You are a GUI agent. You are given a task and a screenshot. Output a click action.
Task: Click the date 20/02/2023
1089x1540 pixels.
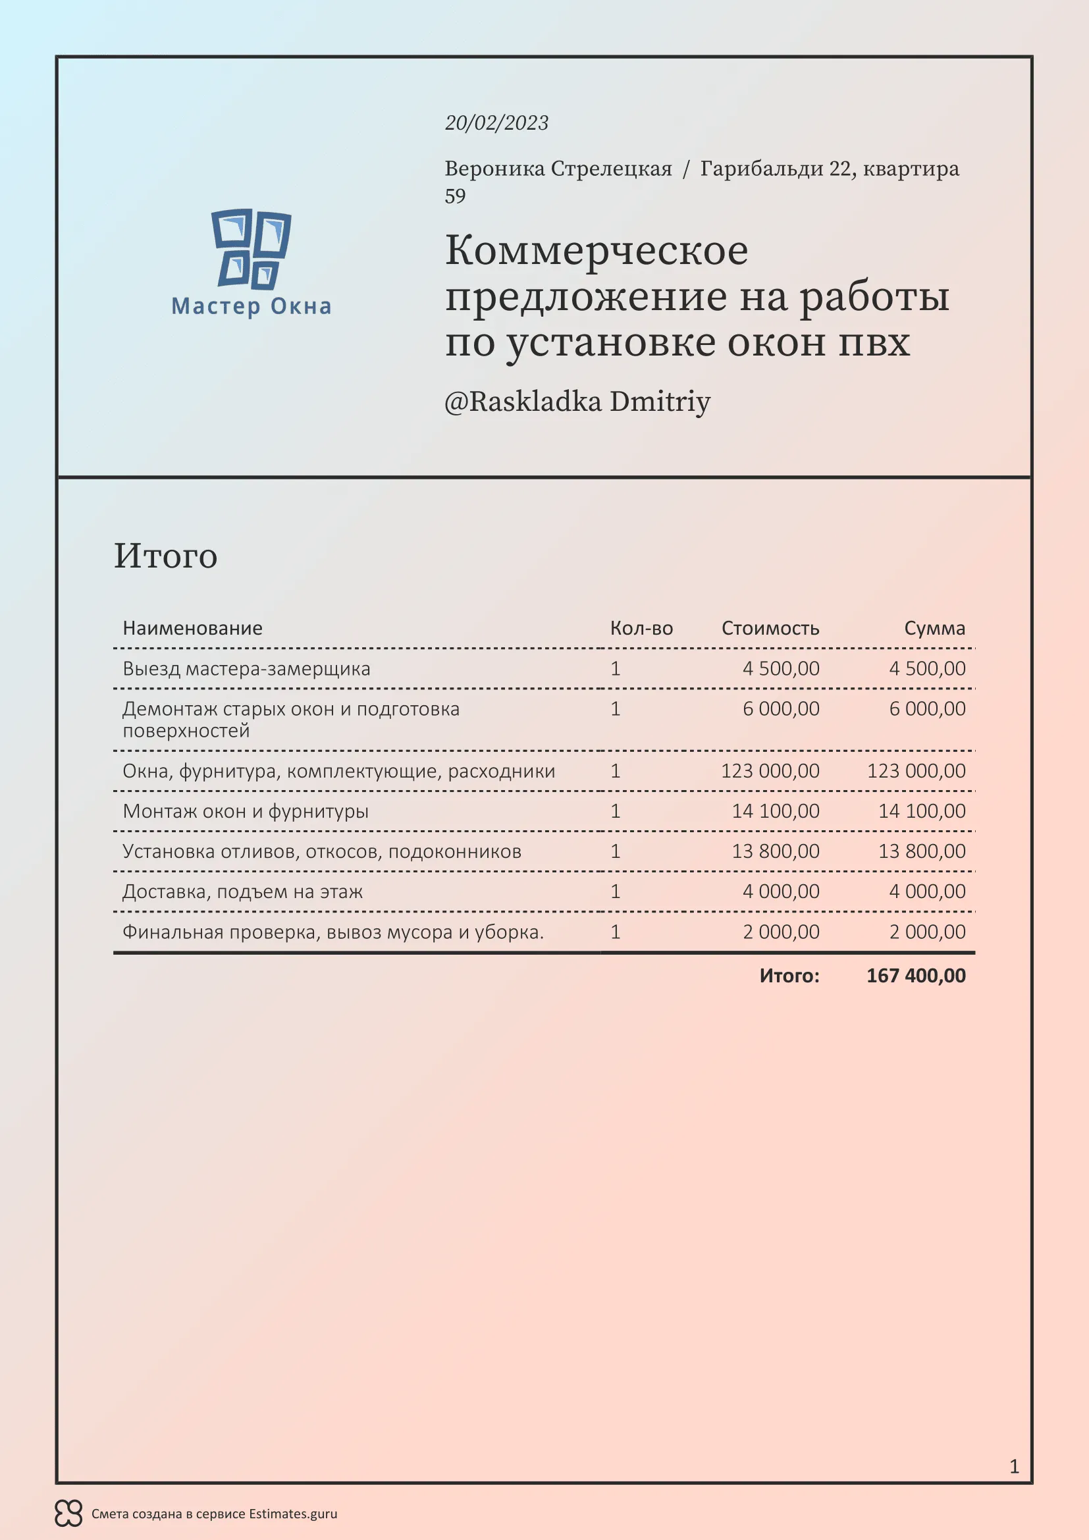[x=496, y=122]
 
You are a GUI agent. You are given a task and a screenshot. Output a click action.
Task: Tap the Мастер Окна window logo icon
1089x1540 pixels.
[x=252, y=248]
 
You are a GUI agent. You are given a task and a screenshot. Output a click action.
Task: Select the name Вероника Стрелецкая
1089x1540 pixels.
[x=558, y=169]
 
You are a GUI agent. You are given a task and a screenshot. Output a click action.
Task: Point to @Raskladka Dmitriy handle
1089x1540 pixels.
[x=577, y=402]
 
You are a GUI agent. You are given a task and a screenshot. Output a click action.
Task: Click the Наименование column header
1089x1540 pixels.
[x=192, y=628]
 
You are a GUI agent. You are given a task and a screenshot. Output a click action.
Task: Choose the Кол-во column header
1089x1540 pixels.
[x=641, y=628]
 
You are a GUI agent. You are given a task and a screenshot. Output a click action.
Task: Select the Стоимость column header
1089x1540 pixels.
[x=770, y=628]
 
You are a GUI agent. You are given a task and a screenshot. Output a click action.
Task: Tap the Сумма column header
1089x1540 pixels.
[x=934, y=628]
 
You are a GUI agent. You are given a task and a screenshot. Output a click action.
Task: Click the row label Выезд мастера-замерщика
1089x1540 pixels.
[x=246, y=669]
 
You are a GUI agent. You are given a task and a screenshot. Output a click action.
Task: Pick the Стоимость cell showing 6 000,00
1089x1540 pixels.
[x=781, y=709]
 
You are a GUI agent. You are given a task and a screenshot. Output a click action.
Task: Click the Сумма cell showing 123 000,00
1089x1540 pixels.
[x=916, y=771]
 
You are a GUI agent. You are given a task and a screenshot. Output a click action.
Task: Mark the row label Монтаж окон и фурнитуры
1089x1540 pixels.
[x=246, y=811]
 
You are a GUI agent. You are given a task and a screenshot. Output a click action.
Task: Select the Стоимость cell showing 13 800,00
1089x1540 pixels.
[x=775, y=851]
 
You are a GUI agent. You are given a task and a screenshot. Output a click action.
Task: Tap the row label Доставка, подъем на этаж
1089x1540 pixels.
[x=243, y=891]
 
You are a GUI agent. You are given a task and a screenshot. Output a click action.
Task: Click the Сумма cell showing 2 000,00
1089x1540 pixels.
[x=928, y=932]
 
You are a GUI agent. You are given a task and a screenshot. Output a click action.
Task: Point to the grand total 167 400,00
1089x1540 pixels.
[x=916, y=975]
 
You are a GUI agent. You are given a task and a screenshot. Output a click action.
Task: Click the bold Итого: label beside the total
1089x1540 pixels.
[x=789, y=975]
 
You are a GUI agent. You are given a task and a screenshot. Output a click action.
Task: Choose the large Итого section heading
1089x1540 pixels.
[x=166, y=556]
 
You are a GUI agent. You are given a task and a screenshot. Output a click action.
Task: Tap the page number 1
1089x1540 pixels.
[x=1014, y=1466]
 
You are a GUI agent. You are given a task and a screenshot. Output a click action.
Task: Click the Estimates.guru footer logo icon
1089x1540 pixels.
[x=68, y=1513]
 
